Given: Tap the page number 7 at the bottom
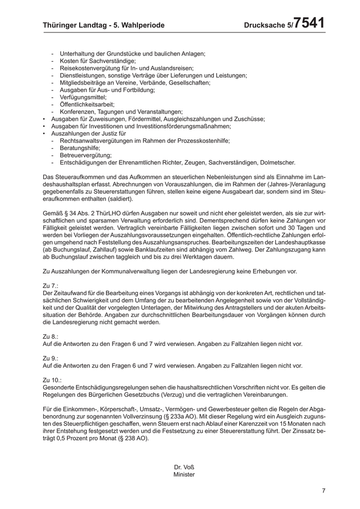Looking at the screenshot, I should tap(324, 490).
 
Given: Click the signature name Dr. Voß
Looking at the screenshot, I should tap(184, 467).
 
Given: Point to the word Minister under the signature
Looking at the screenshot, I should tap(184, 475).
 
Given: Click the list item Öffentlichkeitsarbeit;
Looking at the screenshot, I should tap(87, 104).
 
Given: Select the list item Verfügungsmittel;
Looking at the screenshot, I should tap(83, 97).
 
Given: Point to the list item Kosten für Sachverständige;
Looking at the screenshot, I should tap(94, 61).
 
